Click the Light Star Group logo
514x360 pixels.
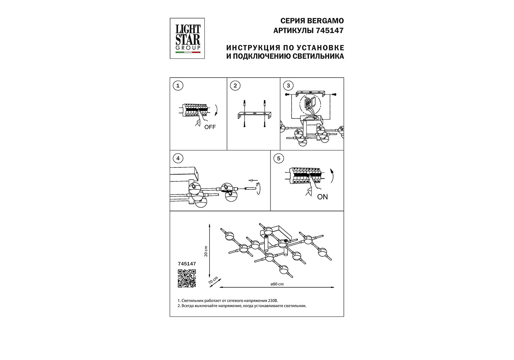click(x=187, y=39)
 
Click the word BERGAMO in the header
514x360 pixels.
click(x=325, y=21)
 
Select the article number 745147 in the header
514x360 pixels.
click(x=329, y=30)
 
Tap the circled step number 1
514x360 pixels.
click(x=178, y=86)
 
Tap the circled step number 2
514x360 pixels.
click(x=235, y=86)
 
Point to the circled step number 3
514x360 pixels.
click(x=288, y=86)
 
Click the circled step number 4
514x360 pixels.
click(x=178, y=158)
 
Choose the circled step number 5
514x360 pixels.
click(x=278, y=158)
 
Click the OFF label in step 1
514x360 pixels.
click(x=210, y=127)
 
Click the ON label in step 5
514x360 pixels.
click(x=322, y=197)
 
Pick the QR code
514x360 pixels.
click(x=187, y=279)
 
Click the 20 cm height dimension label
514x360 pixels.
click(x=206, y=251)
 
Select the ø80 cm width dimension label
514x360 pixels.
click(x=277, y=284)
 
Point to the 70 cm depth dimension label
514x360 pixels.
click(x=213, y=280)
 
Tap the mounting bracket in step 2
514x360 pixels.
click(x=254, y=115)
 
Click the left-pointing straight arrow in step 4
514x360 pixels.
click(x=253, y=180)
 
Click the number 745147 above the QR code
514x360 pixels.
click(x=187, y=264)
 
